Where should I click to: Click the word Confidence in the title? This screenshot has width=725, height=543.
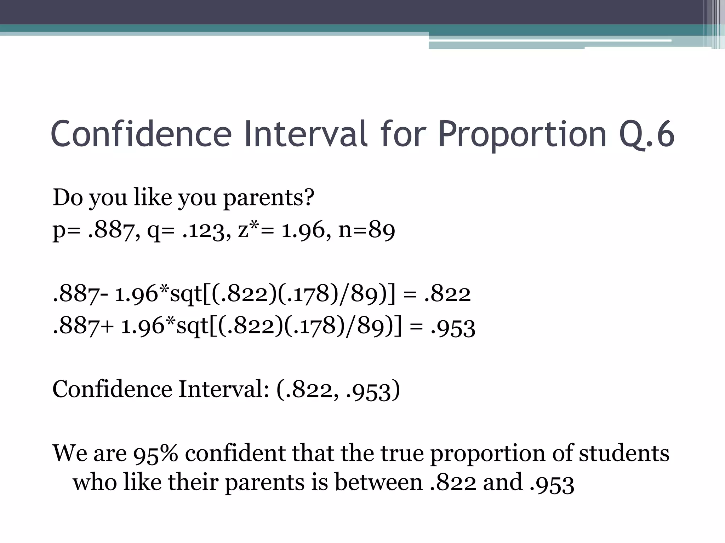coord(141,134)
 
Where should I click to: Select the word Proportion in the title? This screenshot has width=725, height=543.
coord(522,134)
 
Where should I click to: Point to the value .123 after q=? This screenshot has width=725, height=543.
coord(203,230)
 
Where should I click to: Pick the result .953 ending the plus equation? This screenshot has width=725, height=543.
coord(453,327)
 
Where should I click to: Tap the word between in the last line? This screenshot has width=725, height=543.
coord(378,482)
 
